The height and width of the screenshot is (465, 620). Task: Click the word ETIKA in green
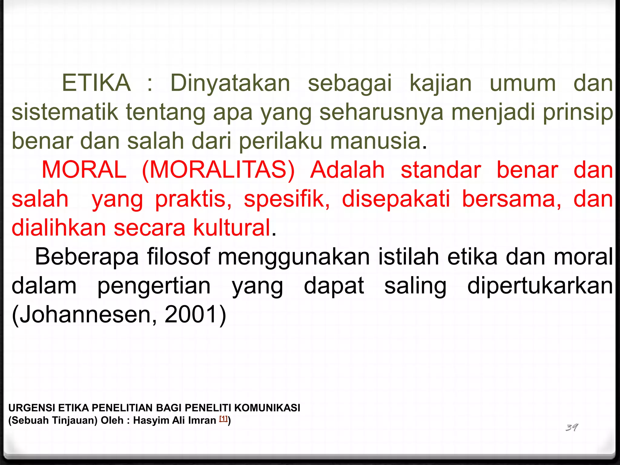coord(96,83)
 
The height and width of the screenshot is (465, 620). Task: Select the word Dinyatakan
coord(230,83)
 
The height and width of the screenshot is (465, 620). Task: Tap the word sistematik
coord(65,112)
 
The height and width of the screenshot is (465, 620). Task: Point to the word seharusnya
coord(381,112)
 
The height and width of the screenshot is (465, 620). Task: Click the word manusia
coord(375,141)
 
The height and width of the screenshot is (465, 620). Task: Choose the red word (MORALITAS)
coord(218,170)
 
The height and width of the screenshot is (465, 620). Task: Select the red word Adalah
coord(347,170)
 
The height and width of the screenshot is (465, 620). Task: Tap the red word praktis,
coord(193,199)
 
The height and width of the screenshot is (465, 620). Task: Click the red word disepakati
coord(396,199)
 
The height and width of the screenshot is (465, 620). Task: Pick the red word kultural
coord(232,228)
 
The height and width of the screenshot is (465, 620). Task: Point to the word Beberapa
coord(87,257)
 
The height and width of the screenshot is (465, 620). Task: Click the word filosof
coord(178,257)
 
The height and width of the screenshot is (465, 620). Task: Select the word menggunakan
coord(294,257)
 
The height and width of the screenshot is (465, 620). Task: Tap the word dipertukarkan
coord(540,286)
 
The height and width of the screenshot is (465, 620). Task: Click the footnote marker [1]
coord(223,419)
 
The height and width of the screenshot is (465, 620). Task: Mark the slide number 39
coord(572,427)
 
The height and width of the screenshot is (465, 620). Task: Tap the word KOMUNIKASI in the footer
coord(267,408)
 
